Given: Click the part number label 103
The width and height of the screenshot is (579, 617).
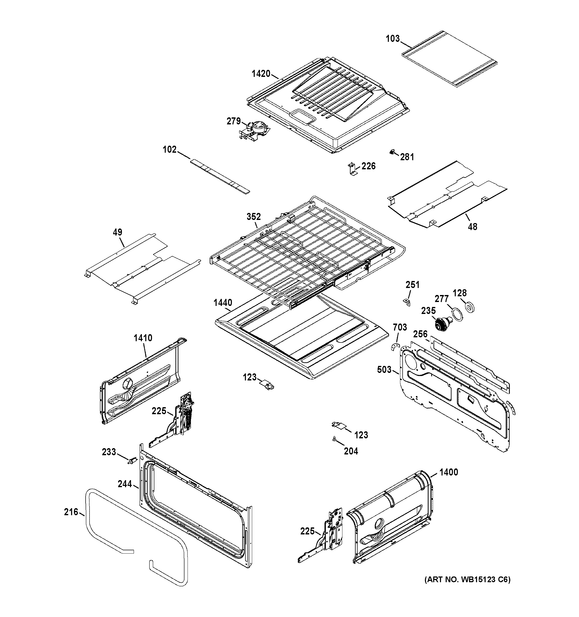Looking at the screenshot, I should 392,39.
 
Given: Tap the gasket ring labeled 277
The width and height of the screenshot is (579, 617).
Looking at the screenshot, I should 457,315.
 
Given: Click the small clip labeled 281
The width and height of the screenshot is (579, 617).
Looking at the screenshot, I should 393,152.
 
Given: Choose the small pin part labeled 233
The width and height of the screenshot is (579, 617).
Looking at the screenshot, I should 133,461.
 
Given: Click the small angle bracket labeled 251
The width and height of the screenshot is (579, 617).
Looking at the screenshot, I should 406,302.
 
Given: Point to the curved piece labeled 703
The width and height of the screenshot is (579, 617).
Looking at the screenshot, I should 394,347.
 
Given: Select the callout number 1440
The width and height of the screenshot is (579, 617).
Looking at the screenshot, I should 223,303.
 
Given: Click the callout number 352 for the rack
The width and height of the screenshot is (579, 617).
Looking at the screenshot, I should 253,216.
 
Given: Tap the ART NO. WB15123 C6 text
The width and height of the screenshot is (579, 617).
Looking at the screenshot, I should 467,579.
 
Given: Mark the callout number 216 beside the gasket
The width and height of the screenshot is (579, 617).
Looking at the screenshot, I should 71,512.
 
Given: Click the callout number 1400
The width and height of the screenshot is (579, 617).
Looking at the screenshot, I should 449,472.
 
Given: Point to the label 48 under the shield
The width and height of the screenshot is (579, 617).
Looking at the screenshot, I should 472,227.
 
